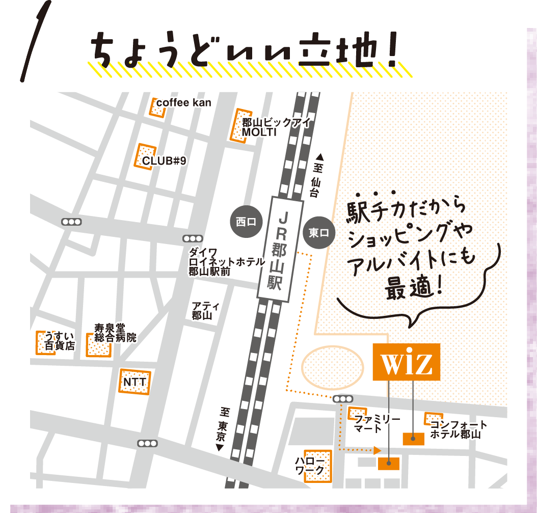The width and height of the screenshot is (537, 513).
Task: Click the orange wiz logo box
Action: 406,362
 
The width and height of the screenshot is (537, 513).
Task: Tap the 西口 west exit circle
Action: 247,222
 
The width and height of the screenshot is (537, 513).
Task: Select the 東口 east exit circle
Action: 319,233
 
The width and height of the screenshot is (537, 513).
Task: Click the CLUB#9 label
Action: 164,161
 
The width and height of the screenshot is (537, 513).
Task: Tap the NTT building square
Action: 135,381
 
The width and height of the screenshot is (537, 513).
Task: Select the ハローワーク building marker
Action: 317,466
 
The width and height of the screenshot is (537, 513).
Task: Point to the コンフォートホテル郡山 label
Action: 458,430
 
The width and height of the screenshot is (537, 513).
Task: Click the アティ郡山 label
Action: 205,310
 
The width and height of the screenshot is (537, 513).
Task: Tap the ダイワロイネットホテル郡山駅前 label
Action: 225,262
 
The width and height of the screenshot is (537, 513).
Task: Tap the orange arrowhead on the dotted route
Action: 377,450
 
